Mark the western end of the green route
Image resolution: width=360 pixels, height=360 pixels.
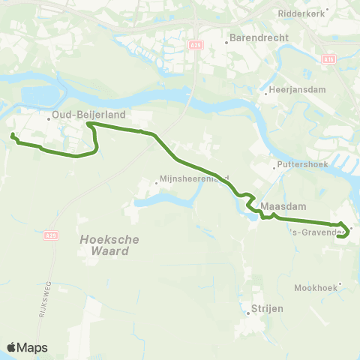(x=13, y=135)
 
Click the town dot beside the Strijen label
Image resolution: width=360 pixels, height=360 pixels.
(x=247, y=313)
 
